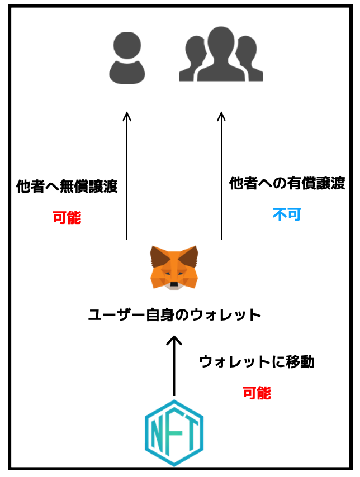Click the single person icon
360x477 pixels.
point(127,58)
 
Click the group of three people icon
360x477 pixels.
point(221,56)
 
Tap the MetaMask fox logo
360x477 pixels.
point(174,268)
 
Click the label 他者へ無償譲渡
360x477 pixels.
point(67,187)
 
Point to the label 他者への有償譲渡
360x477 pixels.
point(287,183)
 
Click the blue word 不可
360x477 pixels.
point(287,214)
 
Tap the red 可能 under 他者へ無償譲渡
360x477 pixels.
point(67,217)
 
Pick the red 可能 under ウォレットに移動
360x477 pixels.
point(257,393)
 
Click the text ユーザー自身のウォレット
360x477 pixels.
point(175,315)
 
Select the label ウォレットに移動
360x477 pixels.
point(257,362)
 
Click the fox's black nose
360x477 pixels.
point(174,285)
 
